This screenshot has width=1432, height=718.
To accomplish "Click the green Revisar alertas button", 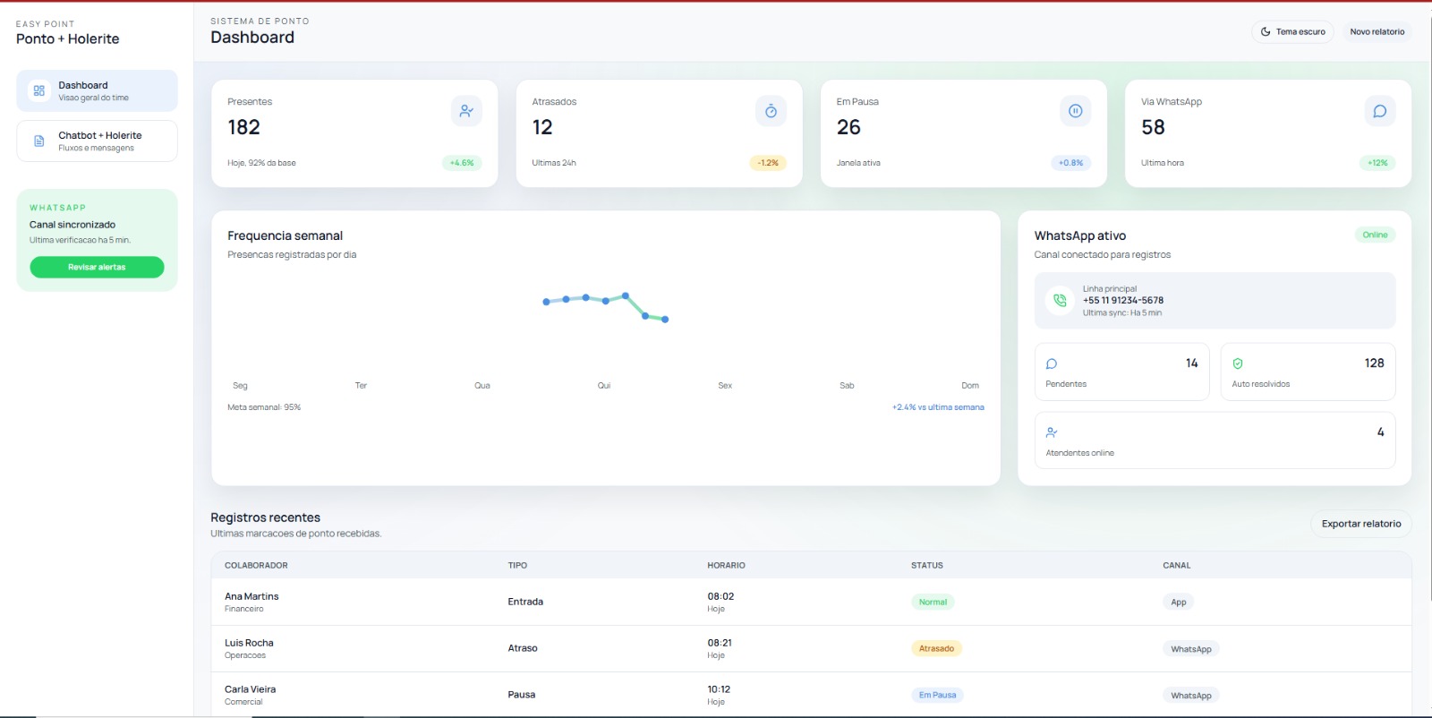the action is pyautogui.click(x=97, y=268).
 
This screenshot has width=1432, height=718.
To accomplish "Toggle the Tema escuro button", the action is pyautogui.click(x=1292, y=32).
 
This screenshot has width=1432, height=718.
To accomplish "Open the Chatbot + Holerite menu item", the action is pyautogui.click(x=97, y=141).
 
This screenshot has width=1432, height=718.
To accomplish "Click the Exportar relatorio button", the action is pyautogui.click(x=1361, y=524).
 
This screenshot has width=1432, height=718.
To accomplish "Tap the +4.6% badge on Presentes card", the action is pyautogui.click(x=462, y=163).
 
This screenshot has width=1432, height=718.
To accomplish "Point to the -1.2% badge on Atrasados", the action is pyautogui.click(x=768, y=163).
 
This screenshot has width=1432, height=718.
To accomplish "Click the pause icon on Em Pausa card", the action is pyautogui.click(x=1075, y=111).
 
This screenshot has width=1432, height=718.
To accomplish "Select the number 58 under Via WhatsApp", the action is pyautogui.click(x=1154, y=127).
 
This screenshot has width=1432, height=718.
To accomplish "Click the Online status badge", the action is pyautogui.click(x=1375, y=235).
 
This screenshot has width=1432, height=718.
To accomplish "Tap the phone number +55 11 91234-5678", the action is pyautogui.click(x=1123, y=301).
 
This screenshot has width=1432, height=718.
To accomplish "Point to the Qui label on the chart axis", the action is pyautogui.click(x=604, y=386).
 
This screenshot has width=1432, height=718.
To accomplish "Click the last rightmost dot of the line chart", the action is pyautogui.click(x=665, y=319).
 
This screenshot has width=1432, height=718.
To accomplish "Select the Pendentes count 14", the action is pyautogui.click(x=1191, y=363).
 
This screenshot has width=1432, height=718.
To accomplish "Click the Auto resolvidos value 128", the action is pyautogui.click(x=1375, y=363).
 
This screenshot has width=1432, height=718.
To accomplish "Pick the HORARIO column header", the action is pyautogui.click(x=726, y=565).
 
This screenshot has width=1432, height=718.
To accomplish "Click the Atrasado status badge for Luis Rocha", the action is pyautogui.click(x=936, y=648).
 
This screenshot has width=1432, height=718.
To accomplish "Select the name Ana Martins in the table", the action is pyautogui.click(x=251, y=596).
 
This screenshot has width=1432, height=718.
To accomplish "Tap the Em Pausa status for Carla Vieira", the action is pyautogui.click(x=937, y=695).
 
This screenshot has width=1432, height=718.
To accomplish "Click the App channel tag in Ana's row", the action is pyautogui.click(x=1178, y=602).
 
